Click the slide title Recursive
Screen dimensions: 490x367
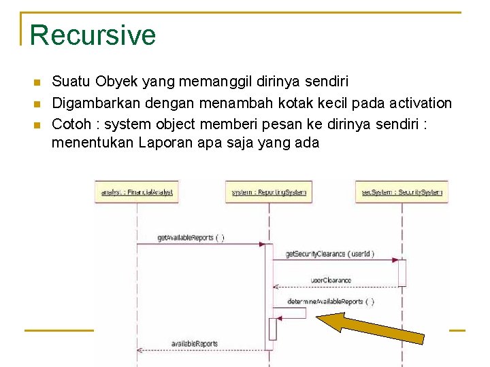[93, 35]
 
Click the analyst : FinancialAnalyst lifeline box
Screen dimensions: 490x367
[137, 192]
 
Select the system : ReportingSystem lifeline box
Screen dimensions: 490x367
[269, 192]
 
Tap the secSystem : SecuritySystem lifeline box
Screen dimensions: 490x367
[402, 192]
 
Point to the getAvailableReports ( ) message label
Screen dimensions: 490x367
[191, 238]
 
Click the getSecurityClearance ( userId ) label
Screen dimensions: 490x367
[329, 254]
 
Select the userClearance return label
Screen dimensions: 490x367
[331, 280]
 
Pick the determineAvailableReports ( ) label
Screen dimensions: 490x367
[330, 301]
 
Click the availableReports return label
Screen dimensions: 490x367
[194, 343]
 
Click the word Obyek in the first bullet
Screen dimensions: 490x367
[116, 82]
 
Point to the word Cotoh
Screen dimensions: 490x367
[71, 124]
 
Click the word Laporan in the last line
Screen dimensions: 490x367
[166, 143]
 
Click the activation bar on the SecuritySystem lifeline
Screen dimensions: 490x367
[402, 272]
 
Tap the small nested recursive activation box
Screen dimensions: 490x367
[273, 328]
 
